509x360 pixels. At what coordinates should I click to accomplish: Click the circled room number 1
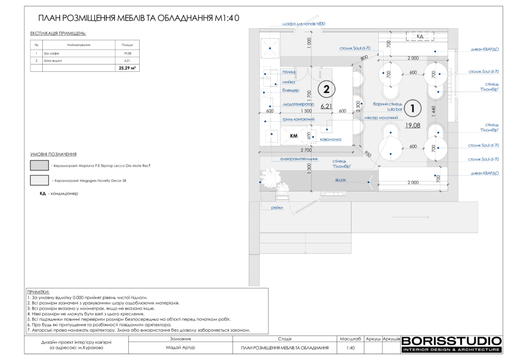point(413,107)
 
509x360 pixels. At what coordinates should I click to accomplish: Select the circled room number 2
point(326,90)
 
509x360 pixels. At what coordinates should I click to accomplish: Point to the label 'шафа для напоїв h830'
point(304,23)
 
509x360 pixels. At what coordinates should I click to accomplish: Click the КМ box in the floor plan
point(294,136)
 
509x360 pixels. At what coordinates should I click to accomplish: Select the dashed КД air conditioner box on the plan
point(420,36)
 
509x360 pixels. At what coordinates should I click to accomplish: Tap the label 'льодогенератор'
point(299,104)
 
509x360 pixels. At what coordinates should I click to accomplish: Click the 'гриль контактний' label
point(298,119)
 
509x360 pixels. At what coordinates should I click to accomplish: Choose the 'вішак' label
point(340,179)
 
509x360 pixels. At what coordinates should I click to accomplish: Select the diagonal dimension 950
point(367,154)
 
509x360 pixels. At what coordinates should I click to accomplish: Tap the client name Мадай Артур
point(180,348)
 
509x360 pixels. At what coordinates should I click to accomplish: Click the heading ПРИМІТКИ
point(38,292)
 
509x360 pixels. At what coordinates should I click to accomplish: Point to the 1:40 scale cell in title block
point(350,348)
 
